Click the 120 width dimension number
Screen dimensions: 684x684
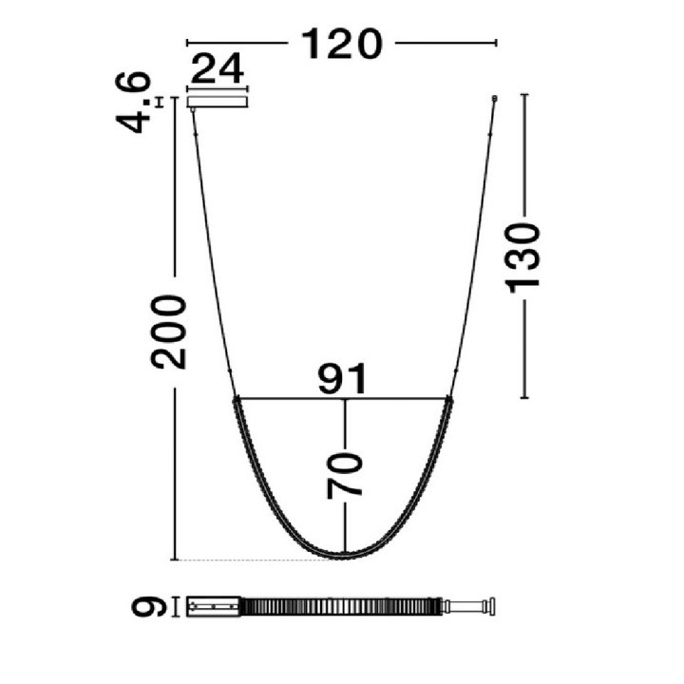[x=342, y=44]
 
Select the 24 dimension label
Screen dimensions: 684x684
[x=218, y=68]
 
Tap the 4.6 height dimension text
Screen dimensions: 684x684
[x=133, y=102]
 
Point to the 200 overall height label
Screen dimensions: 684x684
[x=168, y=332]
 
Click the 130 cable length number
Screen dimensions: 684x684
[x=522, y=257]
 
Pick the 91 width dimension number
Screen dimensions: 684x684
[x=342, y=379]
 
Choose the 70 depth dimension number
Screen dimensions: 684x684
[x=345, y=476]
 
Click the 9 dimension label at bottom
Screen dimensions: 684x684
[x=149, y=607]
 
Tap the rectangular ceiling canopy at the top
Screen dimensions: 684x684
[x=218, y=102]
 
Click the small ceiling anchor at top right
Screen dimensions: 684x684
[x=494, y=99]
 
